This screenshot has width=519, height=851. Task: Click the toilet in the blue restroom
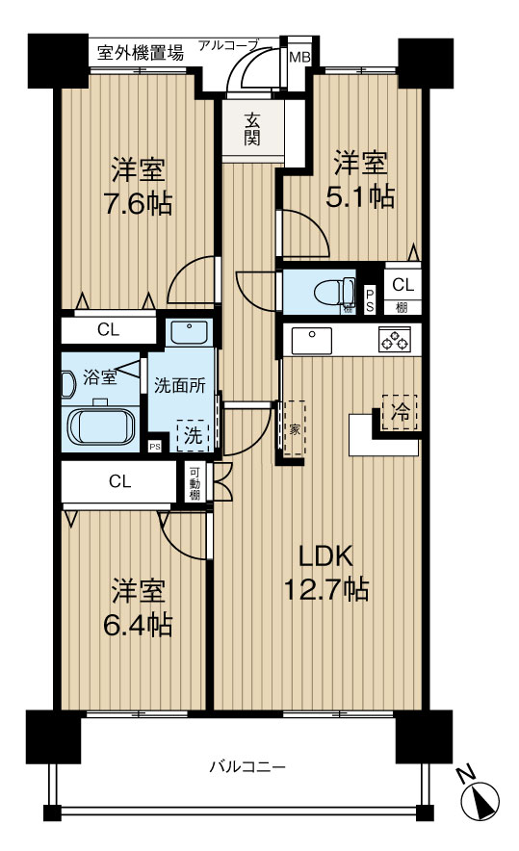(x=334, y=292)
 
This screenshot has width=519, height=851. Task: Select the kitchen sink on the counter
(x=312, y=340)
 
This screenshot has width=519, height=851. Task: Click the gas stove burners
(x=395, y=340)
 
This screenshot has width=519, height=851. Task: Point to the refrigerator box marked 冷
(x=400, y=412)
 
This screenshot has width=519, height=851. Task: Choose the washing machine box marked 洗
(x=193, y=435)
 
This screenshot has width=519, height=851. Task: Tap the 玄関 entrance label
(x=251, y=130)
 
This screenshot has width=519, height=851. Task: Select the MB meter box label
(x=298, y=57)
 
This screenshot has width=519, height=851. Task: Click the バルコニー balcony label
(x=247, y=767)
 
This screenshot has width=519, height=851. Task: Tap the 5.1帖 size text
(x=360, y=197)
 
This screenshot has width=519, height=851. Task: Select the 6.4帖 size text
(x=138, y=625)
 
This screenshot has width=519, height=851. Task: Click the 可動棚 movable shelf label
(x=195, y=482)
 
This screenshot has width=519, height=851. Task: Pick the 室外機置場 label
(x=141, y=53)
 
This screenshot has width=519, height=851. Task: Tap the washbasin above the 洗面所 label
(x=189, y=332)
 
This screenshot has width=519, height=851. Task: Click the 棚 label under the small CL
(x=402, y=307)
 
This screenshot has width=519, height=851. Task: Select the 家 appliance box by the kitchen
(x=295, y=429)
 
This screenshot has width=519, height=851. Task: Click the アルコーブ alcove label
(x=227, y=45)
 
